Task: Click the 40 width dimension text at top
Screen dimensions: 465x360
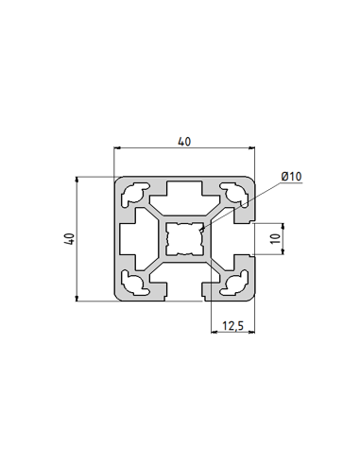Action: tap(184, 142)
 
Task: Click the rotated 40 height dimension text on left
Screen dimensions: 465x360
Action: tap(68, 240)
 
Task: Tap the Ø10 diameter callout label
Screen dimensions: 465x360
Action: tap(290, 177)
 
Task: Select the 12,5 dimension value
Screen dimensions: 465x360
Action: tap(232, 326)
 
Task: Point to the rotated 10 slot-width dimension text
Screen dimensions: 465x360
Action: tap(275, 239)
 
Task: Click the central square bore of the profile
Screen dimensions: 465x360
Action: tap(185, 239)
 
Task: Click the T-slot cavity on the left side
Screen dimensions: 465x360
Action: tap(137, 239)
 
